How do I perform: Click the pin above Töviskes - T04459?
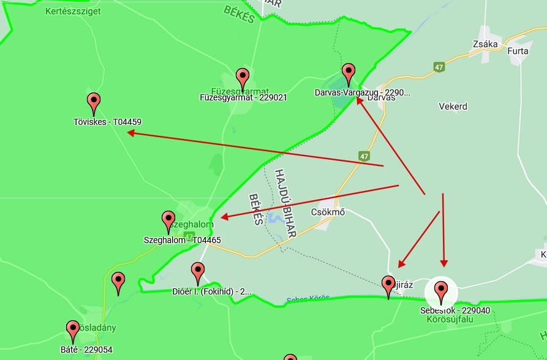[94, 103]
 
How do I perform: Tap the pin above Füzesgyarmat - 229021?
[243, 79]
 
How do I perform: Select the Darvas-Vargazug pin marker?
[349, 73]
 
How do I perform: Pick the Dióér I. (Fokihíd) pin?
[197, 272]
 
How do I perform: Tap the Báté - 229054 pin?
[73, 331]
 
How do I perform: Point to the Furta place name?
[518, 51]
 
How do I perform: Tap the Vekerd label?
[453, 107]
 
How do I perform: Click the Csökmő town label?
[328, 212]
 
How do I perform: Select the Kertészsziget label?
[73, 11]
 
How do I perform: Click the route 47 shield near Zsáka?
[439, 67]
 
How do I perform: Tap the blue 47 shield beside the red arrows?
[364, 156]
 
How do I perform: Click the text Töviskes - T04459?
[107, 122]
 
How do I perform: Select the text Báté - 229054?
[86, 350]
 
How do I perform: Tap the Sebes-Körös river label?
[307, 299]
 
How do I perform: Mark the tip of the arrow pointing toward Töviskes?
[129, 133]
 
